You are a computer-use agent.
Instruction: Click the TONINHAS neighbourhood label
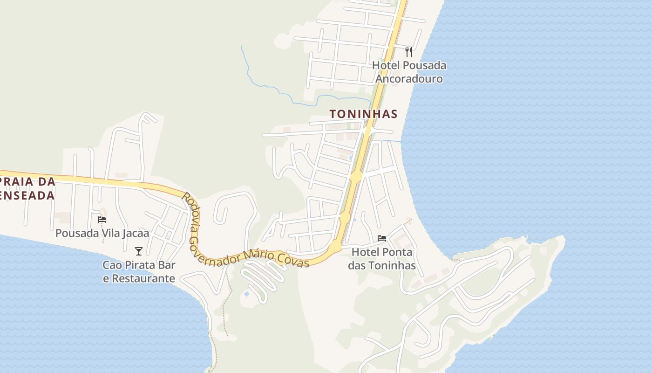[x=363, y=114]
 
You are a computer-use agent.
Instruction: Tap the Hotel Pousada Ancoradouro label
[x=409, y=72]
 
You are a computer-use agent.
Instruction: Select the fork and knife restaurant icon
[x=409, y=51]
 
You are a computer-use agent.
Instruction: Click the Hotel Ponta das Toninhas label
[x=382, y=259]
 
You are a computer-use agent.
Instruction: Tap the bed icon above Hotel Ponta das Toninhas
[x=382, y=238]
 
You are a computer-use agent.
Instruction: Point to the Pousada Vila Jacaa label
[x=102, y=233]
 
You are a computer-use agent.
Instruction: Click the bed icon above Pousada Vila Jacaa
[x=102, y=219]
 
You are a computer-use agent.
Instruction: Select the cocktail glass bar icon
[x=138, y=251]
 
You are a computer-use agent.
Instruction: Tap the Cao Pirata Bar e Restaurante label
[x=139, y=272]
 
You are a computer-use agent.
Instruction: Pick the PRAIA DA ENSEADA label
[x=28, y=188]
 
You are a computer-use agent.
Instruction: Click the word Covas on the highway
[x=293, y=260]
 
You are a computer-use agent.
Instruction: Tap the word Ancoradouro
[x=409, y=79]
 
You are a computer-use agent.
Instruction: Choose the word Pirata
[x=138, y=265]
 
